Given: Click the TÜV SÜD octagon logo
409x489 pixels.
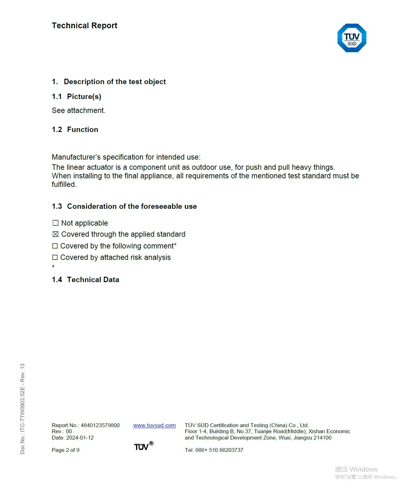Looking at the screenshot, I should coord(352,38).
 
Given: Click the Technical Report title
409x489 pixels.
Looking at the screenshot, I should coord(84,26).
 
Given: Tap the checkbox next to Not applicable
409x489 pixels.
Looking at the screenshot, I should coord(55,223).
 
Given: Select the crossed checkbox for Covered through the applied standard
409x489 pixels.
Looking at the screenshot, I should coord(55,234).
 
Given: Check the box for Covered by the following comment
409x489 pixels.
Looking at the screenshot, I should coord(55,246).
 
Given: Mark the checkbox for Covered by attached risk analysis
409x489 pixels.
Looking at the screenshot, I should coord(55,257).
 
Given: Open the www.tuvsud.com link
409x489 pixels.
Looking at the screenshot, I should coord(154,425).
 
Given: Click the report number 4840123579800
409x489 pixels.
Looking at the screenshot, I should coord(100,425).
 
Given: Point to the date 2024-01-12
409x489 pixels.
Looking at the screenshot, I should coord(80,438).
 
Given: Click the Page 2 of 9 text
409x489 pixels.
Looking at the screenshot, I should coord(66,450).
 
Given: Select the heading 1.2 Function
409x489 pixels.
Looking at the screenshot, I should coord(75,129).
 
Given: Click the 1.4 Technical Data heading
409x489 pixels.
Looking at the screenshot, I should coord(86,280).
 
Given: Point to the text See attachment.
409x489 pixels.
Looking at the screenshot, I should coord(79,110).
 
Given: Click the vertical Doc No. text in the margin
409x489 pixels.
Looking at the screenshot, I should coord(23,409).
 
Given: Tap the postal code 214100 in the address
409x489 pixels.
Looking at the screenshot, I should coord(322,438).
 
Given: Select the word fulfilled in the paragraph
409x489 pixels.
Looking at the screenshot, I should coord(64,184).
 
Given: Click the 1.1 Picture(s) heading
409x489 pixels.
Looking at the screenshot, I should coord(77,96).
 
